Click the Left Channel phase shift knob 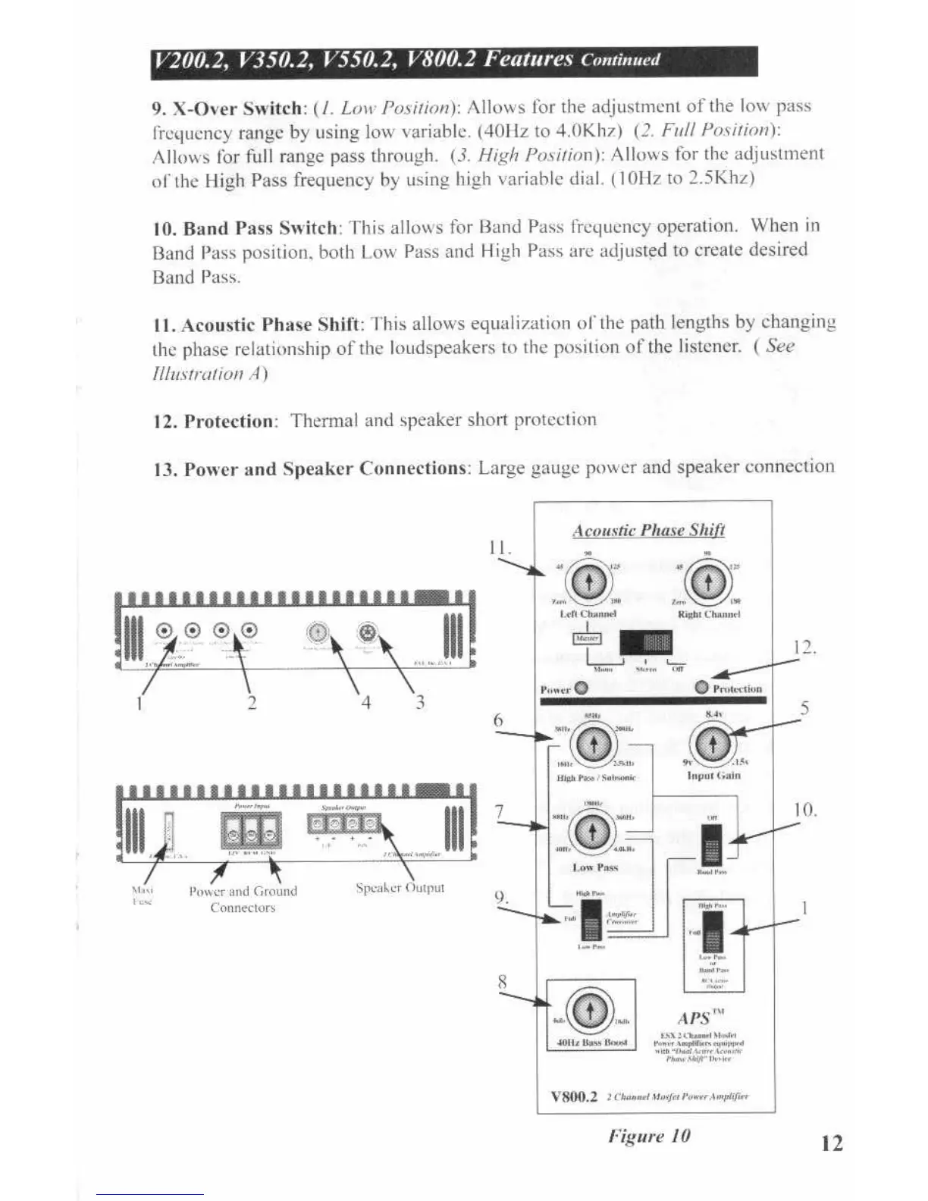(x=589, y=582)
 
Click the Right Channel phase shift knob (x=708, y=582)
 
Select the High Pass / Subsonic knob (x=593, y=745)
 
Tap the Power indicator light (x=582, y=688)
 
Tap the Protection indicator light (x=701, y=687)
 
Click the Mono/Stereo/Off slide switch (x=645, y=643)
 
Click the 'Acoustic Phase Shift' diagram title (x=648, y=530)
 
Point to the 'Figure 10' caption (x=649, y=1136)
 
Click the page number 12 (x=832, y=1143)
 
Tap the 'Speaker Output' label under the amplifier (x=400, y=887)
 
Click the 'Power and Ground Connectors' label (x=243, y=899)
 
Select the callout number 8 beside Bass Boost (x=501, y=982)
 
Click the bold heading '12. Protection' (x=215, y=422)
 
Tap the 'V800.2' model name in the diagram (x=574, y=1096)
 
